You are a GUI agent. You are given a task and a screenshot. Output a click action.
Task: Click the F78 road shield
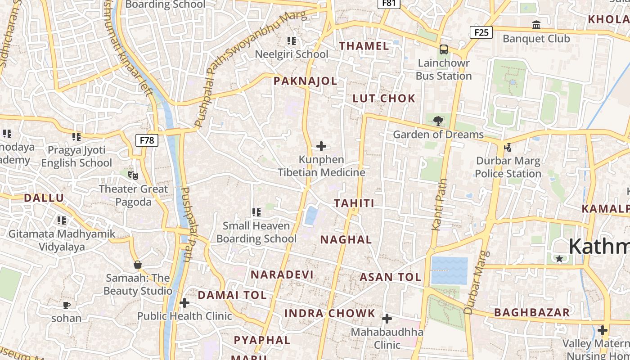point(147,140)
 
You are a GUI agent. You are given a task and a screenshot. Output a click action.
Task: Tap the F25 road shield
point(481,32)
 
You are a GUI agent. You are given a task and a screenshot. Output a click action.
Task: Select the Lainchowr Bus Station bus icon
point(444,49)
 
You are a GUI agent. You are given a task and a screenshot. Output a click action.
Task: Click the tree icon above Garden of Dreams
point(438,121)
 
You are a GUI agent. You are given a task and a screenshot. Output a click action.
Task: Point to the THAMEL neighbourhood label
point(364,46)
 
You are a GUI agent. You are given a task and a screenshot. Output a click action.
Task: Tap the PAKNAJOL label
point(305,81)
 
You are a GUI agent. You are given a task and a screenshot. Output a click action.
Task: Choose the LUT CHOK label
point(384,99)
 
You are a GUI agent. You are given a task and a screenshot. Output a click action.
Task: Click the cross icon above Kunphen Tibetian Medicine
point(321,146)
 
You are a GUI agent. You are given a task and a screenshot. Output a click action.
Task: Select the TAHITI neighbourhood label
point(354,203)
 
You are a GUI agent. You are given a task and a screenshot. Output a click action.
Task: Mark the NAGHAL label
point(346,240)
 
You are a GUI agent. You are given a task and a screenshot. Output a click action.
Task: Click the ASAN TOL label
point(390,277)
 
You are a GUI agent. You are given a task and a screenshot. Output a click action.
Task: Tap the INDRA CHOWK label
point(330,313)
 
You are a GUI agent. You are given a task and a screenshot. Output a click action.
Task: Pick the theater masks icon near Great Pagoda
point(133,175)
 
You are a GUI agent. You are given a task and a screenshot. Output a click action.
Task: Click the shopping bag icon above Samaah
point(138,265)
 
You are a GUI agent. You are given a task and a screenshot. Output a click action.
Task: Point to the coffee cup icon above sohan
point(67,306)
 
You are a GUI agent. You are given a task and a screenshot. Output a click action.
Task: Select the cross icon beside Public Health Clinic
point(184,303)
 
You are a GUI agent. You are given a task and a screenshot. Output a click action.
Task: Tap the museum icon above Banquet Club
point(536,25)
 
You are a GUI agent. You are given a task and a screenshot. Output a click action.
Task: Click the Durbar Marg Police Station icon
point(508,147)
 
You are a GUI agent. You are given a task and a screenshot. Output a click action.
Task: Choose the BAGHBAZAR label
point(532,312)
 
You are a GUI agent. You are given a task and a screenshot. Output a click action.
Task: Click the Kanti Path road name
point(440,205)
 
